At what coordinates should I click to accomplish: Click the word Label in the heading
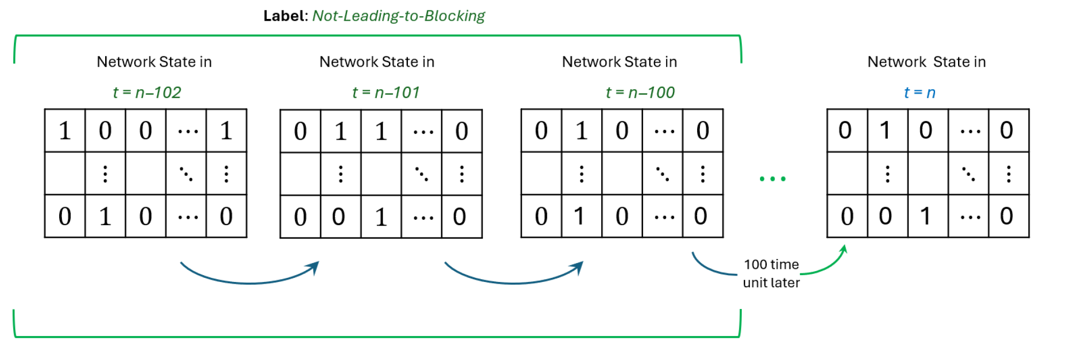pos(284,16)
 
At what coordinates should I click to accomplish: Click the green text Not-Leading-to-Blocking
pos(398,16)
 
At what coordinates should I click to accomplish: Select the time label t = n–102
pos(147,92)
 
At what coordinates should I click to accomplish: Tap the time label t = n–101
pos(386,92)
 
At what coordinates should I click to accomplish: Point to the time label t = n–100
pos(640,92)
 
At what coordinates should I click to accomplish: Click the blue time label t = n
pos(919,92)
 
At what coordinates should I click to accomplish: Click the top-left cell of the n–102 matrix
pos(65,130)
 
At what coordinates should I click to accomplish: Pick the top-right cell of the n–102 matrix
pos(226,130)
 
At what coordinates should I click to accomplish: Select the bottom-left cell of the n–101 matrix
pos(300,217)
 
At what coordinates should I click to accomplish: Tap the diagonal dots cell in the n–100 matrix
pos(662,174)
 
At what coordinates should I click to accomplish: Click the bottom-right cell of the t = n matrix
pos(1008,216)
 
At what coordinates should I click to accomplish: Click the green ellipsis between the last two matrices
pos(772,179)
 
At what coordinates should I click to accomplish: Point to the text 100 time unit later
pos(771,273)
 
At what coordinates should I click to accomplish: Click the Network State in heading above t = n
pos(926,62)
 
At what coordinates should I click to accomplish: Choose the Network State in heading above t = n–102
pos(154,62)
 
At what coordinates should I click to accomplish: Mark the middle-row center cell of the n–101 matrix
pos(381,174)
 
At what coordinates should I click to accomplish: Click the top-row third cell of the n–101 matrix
pos(381,131)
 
